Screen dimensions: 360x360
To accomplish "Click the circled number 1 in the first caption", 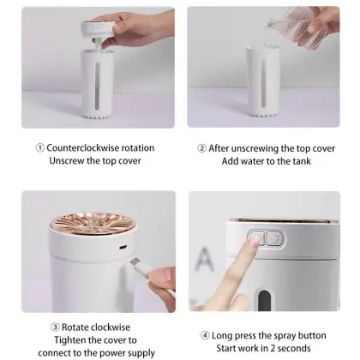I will [x=39, y=147].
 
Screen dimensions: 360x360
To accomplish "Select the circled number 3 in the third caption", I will [x=54, y=327].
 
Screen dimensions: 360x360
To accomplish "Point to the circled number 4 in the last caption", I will [x=205, y=334].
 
